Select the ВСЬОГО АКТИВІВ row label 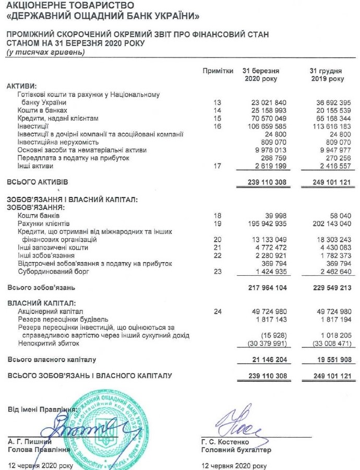coord(37,182)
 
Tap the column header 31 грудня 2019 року coord(327,75)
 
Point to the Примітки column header coord(218,70)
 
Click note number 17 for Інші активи coord(218,166)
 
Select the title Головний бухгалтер coord(236,450)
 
